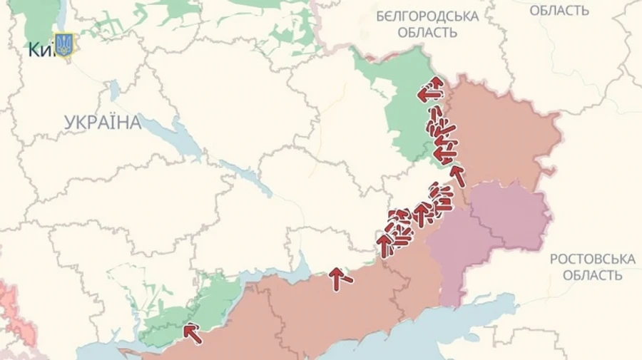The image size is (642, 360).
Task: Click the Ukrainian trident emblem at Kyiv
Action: (64, 46)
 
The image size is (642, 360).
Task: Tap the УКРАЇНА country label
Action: (103, 122)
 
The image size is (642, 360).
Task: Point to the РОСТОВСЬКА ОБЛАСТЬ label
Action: (592, 267)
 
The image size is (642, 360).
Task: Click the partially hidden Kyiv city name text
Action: (40, 50)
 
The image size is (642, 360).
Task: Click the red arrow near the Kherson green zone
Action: (190, 331)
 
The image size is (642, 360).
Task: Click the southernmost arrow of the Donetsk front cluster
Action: (385, 245)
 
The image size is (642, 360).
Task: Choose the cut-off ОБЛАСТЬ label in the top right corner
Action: (559, 10)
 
